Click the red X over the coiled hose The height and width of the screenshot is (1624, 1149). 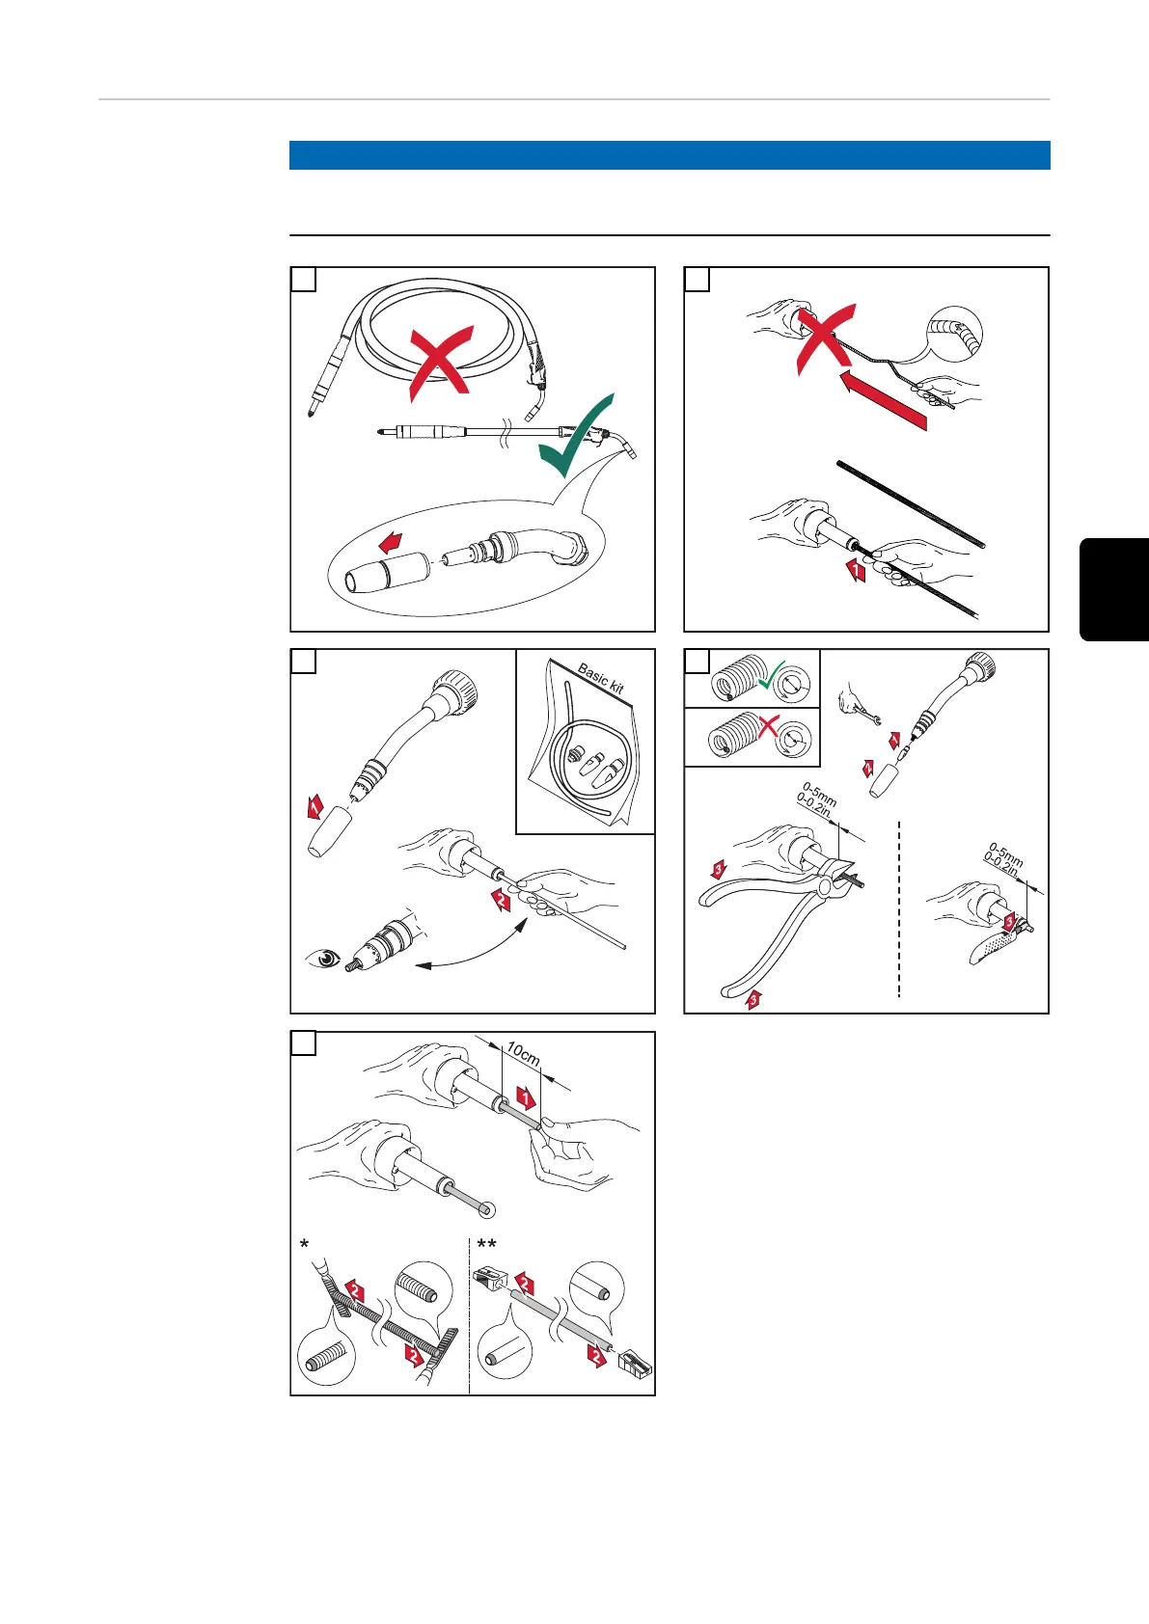point(440,363)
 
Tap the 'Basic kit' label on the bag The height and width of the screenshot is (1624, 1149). point(600,680)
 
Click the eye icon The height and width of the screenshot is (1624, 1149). point(324,958)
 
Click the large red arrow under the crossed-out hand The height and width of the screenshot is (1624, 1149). point(883,402)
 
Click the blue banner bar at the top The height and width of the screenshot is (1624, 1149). point(670,155)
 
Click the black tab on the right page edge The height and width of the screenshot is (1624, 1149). point(1114,589)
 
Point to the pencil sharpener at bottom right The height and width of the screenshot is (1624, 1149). point(633,1362)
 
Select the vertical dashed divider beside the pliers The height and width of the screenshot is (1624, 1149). point(899,907)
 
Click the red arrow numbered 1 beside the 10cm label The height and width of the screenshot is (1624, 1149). point(525,1096)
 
